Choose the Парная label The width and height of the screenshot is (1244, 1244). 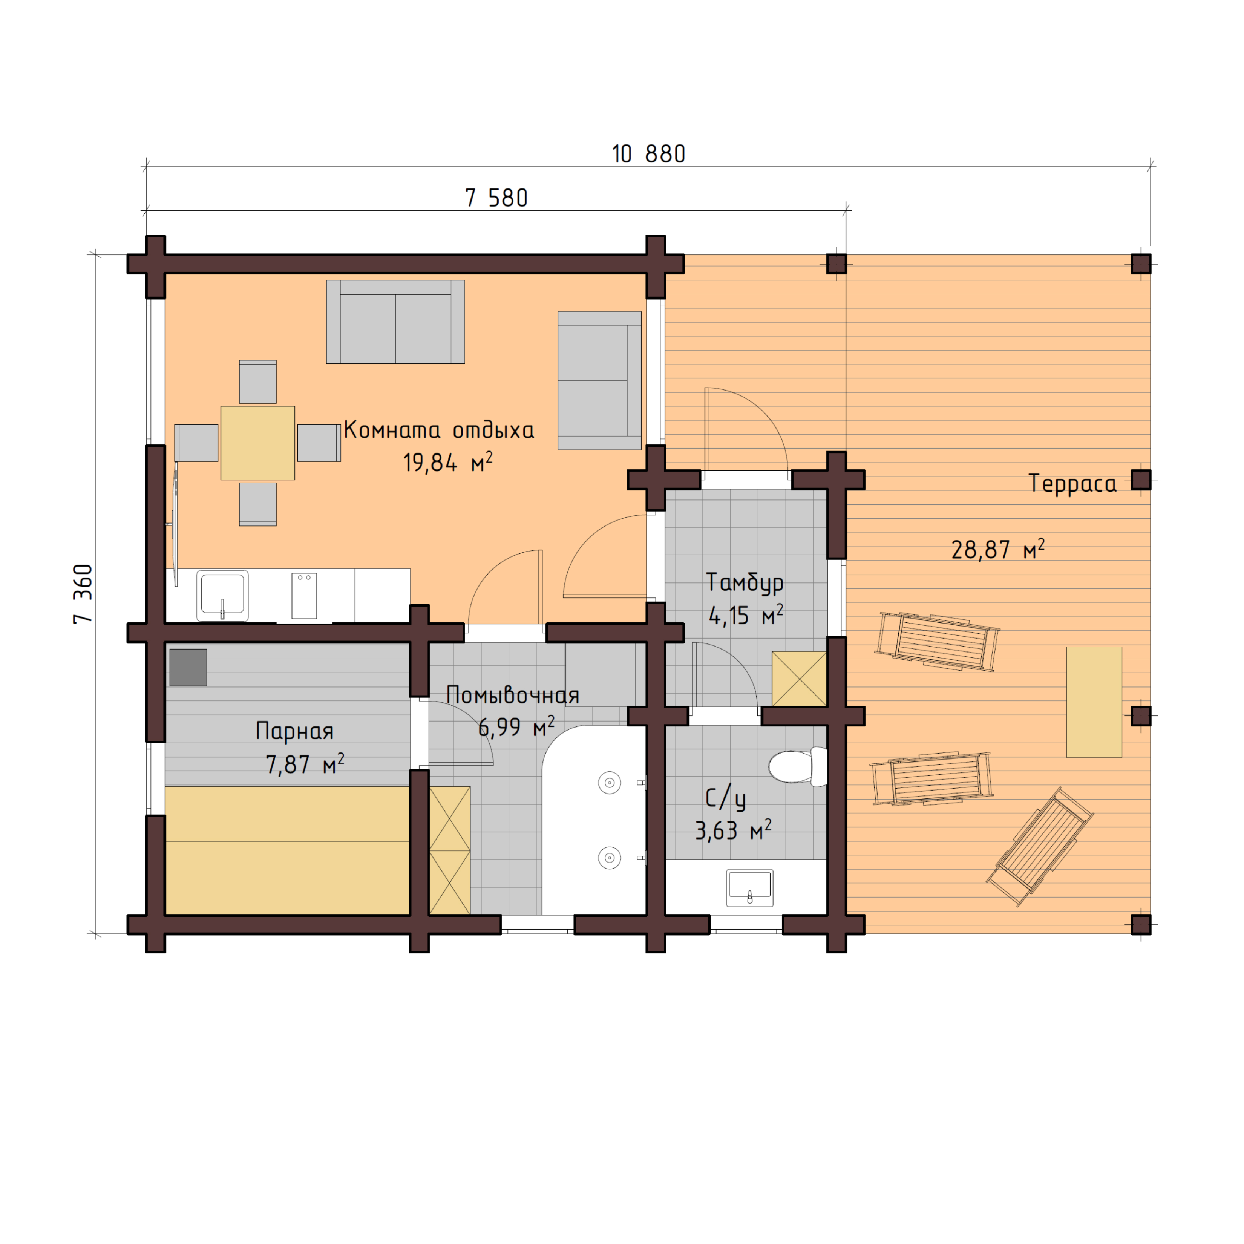click(x=294, y=731)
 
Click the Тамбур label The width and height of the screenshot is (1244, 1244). click(x=745, y=583)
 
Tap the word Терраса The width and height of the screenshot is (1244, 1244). click(x=1072, y=484)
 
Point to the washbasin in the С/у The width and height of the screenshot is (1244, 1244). click(x=749, y=887)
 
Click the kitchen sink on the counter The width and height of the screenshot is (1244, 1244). click(x=222, y=595)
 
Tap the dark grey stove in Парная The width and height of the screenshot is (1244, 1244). click(x=188, y=667)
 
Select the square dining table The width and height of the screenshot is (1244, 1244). click(x=257, y=443)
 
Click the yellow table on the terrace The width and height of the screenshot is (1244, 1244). click(x=1094, y=702)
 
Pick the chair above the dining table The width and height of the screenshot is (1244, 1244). click(x=257, y=382)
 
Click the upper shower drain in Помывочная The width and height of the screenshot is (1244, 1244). click(x=609, y=783)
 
